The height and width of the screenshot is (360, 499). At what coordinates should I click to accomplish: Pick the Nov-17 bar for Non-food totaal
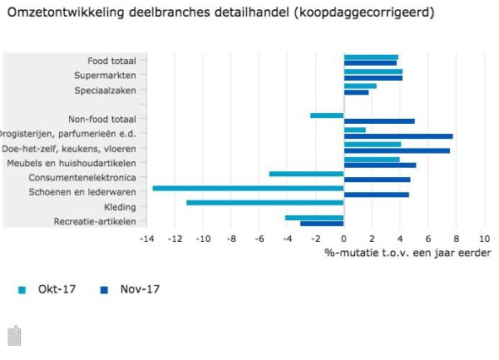pyautogui.click(x=378, y=121)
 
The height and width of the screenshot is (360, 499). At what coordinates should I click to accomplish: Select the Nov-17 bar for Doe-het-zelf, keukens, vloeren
pyautogui.click(x=396, y=150)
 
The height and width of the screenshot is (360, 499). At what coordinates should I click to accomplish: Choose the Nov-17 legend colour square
pyautogui.click(x=104, y=290)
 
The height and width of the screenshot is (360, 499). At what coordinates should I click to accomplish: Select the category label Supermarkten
pyautogui.click(x=111, y=75)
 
